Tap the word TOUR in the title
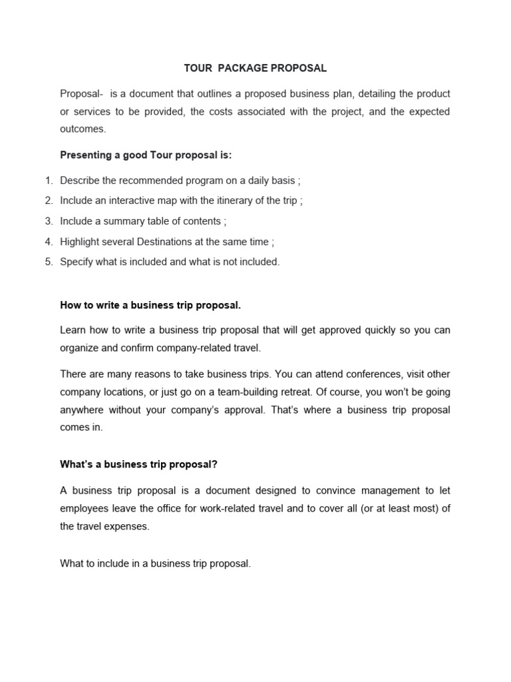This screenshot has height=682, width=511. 198,68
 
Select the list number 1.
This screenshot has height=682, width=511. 49,180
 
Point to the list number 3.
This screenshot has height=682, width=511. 49,221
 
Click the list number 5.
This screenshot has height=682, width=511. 49,262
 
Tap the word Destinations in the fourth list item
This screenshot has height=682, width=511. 164,242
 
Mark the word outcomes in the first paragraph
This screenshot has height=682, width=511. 83,129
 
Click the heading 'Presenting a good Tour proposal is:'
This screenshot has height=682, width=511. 146,155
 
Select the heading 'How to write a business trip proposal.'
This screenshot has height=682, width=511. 150,305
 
